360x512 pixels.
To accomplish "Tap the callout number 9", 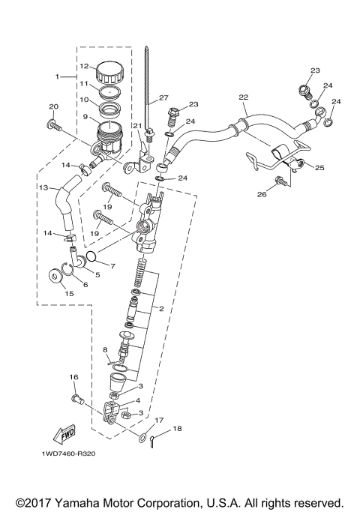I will pos(85,116).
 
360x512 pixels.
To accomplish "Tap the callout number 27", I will pos(164,98).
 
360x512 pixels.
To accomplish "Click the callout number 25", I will pos(319,167).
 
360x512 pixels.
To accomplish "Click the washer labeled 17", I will pos(142,435).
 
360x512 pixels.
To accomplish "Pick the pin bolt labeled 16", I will pos(76,400).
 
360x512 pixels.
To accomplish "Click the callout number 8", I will pos(106,349).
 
